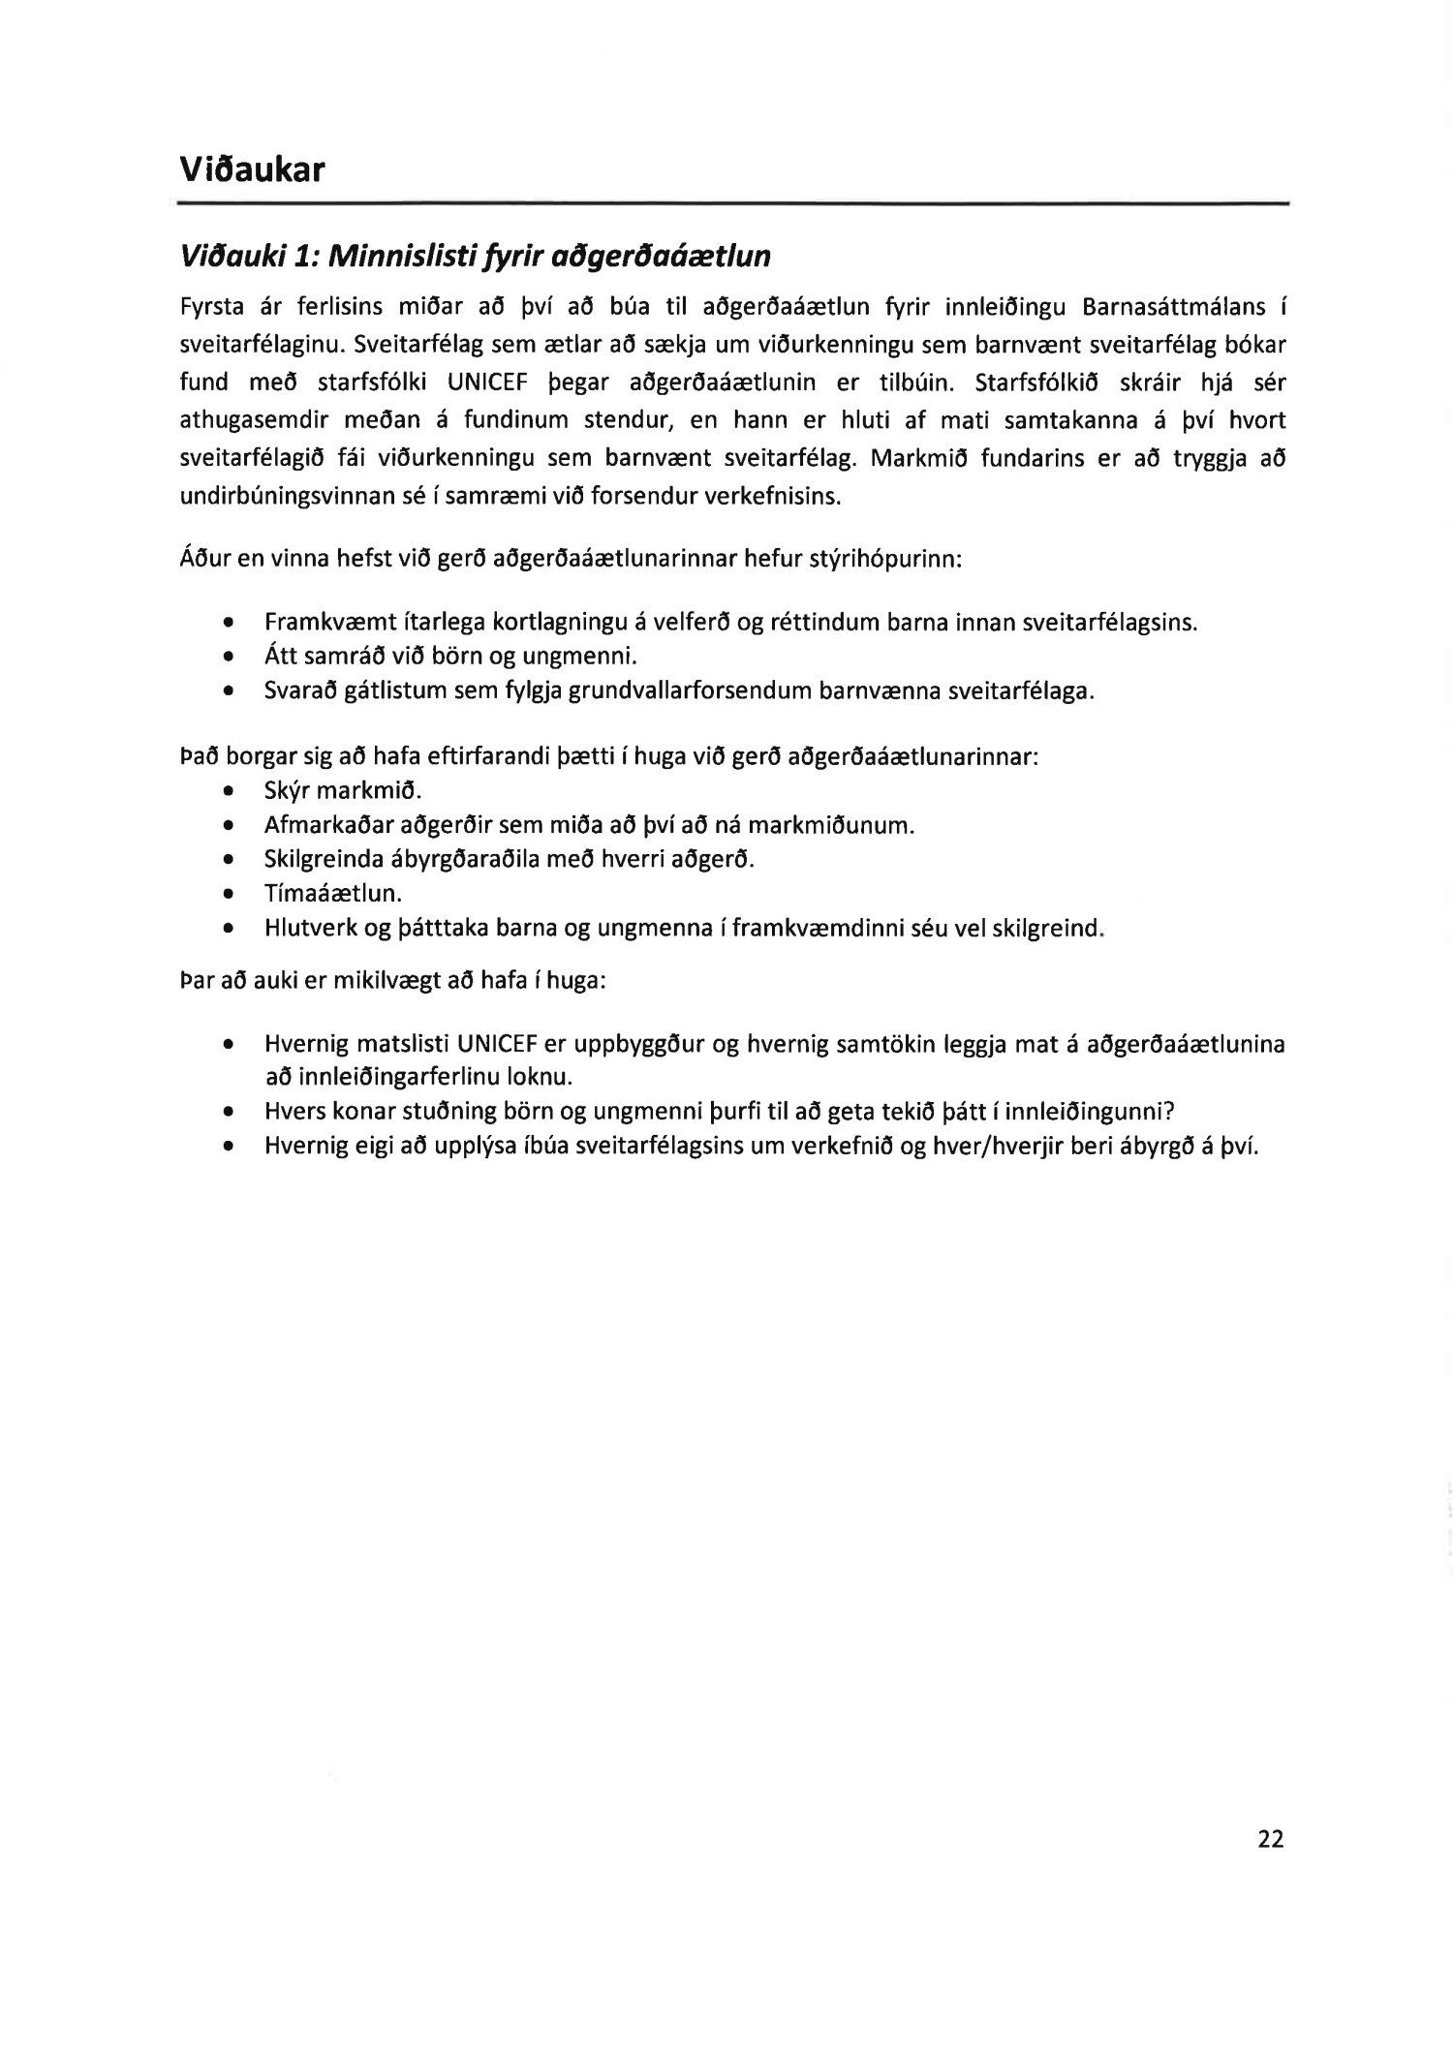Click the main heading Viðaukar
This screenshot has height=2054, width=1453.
pos(252,169)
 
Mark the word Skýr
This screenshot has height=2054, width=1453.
pos(286,791)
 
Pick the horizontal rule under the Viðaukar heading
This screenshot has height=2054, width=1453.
pos(734,202)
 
